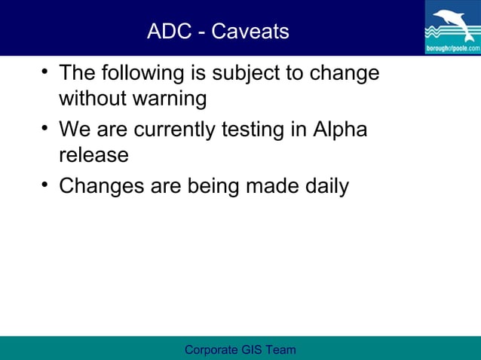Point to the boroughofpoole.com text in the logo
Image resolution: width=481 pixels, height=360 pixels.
coord(452,47)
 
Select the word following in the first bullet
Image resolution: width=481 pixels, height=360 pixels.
coord(141,74)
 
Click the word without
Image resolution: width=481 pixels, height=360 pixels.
coord(87,99)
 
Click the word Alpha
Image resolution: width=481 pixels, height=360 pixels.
coord(340,130)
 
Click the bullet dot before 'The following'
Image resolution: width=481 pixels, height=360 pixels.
coord(45,72)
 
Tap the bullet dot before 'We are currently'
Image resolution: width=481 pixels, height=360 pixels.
coord(45,129)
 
